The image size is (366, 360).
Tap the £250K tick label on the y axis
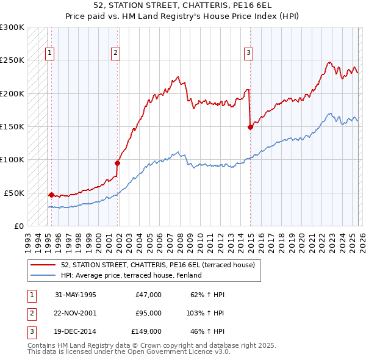pyautogui.click(x=12, y=60)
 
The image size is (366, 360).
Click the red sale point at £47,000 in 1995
pyautogui.click(x=51, y=195)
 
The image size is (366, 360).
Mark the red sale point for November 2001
pyautogui.click(x=117, y=163)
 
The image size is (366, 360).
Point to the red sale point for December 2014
pyautogui.click(x=250, y=127)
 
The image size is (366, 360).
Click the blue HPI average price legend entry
pyautogui.click(x=131, y=275)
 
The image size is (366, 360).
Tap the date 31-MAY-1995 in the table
pyautogui.click(x=75, y=295)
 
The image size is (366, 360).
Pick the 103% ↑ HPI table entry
pyautogui.click(x=206, y=313)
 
